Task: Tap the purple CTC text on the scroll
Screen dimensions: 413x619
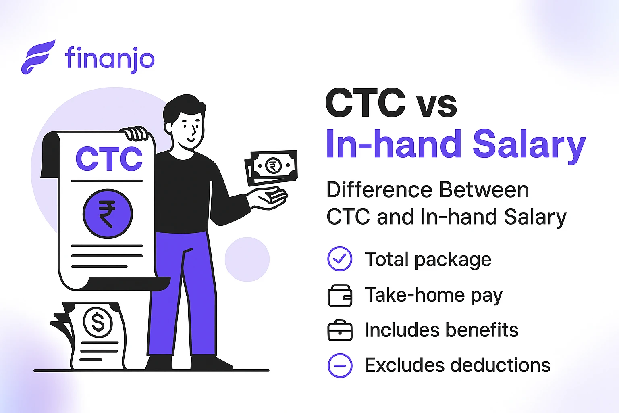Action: click(109, 159)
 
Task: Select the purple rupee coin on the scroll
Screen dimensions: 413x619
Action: click(108, 214)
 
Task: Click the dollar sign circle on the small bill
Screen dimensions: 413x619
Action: click(98, 321)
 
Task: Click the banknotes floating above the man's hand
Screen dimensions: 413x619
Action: click(271, 167)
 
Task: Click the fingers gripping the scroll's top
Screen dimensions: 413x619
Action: click(136, 133)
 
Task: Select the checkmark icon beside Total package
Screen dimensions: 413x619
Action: click(340, 259)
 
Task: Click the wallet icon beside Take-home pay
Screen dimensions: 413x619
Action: click(340, 296)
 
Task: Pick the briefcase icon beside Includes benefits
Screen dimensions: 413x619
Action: click(340, 331)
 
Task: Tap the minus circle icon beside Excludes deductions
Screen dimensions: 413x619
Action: click(340, 365)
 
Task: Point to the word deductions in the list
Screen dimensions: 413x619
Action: click(500, 365)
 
